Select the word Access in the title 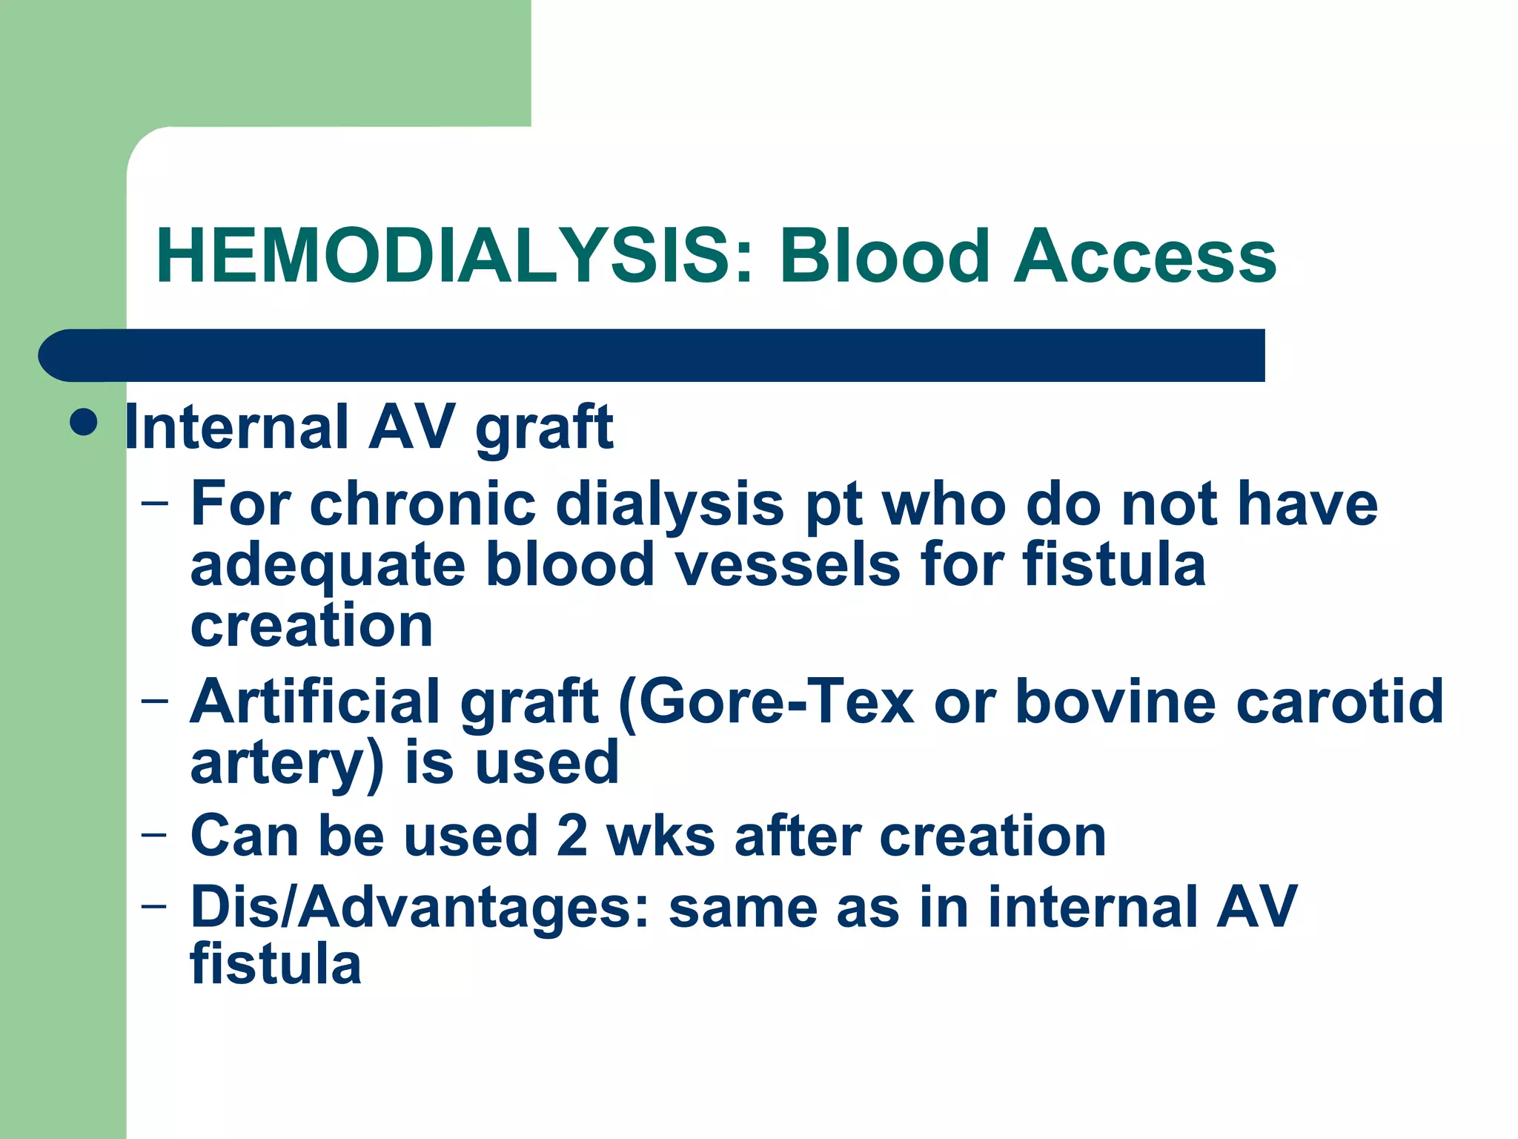(x=1146, y=257)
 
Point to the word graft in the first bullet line (x=544, y=429)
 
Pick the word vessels (x=787, y=565)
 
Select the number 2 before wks (x=572, y=836)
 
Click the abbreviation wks (x=660, y=836)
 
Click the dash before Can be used (x=154, y=833)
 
